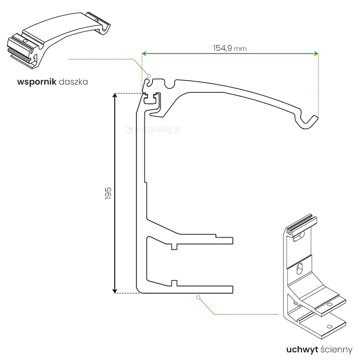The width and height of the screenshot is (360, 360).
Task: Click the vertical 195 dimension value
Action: pos(108,193)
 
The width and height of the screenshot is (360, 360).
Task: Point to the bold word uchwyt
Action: pos(302,349)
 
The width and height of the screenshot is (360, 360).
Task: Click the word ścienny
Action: pos(336,349)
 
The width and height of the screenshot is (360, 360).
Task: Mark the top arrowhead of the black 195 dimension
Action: pos(115,95)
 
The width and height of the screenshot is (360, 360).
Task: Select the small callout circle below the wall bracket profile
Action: pos(198,297)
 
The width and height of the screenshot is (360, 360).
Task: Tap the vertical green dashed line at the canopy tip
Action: pos(318,85)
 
